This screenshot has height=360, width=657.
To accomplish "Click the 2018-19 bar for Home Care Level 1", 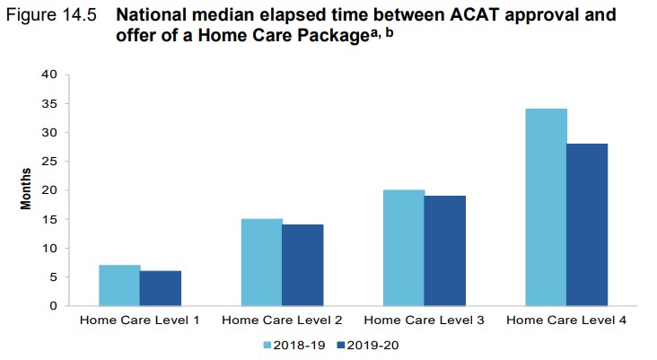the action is pos(119,285).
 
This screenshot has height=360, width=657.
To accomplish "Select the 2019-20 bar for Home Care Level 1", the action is pos(161,288).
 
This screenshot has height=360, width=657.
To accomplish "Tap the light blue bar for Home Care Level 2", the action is pos(261,262).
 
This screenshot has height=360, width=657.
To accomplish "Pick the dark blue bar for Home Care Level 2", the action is pos(302,265).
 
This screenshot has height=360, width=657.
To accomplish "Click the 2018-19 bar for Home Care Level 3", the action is pos(404,248).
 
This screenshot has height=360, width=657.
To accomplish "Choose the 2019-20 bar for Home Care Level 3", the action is pos(445,250).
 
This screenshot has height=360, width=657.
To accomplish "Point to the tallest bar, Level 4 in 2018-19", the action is pos(547,207).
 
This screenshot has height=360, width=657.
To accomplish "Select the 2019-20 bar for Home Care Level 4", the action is pos(587,224).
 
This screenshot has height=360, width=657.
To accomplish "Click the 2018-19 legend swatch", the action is pos(267,346).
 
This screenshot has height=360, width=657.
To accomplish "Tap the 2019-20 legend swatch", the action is pos(341,346).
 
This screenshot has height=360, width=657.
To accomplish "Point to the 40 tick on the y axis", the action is pos(49,75).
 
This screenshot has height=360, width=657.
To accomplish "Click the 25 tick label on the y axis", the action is pos(49,162).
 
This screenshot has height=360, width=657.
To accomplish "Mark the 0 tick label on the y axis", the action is pos(53,306).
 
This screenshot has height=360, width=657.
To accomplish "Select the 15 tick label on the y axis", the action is pos(49,219).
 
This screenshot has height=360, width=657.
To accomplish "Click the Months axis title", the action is pos(25,189).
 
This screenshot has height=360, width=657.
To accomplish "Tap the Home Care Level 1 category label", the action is pos(139,320).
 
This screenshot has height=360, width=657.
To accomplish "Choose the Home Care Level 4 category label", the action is pos(566,320).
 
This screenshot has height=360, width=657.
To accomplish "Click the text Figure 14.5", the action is pos(51,15).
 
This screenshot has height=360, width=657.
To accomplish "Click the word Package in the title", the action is pos(334,36).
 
